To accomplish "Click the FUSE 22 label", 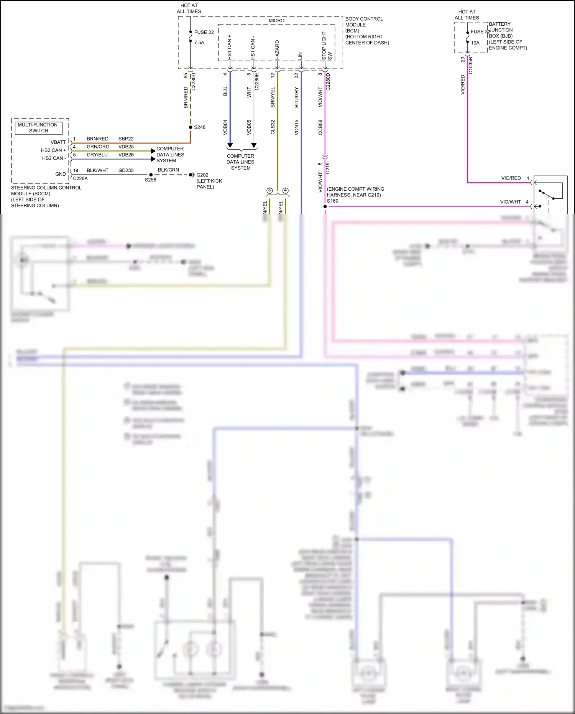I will tap(204, 32).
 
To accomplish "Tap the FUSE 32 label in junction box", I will tap(480, 32).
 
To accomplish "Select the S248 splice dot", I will tap(191, 127).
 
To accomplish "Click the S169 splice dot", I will tap(325, 206).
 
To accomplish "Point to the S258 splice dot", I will tap(151, 175).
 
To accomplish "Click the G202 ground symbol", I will tap(192, 175).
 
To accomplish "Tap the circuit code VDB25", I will tap(126, 147).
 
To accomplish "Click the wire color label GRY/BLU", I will tap(97, 155).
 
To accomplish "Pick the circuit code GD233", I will tap(126, 170).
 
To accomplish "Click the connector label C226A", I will tap(80, 178).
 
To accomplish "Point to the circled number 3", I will tap(269, 190).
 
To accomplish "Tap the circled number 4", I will tap(285, 190).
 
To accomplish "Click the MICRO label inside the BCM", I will tap(276, 21).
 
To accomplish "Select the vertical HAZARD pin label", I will tap(277, 49).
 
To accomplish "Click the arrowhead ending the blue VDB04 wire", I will tap(230, 145).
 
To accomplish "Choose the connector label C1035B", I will tap(470, 66).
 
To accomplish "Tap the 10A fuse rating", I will tap(475, 43).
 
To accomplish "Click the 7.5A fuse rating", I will tap(199, 43).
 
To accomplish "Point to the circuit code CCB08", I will tap(320, 127).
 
